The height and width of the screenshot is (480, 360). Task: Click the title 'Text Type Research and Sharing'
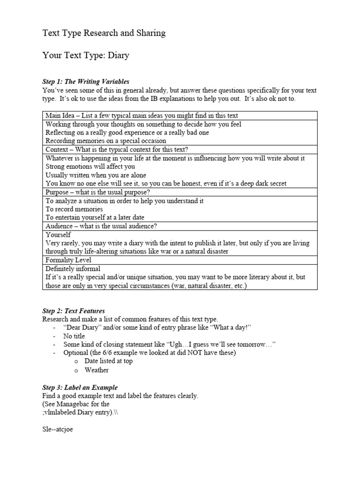(104, 33)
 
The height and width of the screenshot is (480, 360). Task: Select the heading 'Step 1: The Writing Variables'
(86, 82)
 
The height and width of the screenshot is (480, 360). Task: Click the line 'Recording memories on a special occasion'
(105, 141)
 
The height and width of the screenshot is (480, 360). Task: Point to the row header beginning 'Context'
(116, 150)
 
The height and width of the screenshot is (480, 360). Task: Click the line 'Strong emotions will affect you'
(90, 166)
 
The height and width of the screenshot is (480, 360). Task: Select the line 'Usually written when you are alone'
(96, 175)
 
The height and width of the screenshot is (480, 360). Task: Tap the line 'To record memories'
(74, 209)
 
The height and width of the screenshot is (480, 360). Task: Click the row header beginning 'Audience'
(101, 226)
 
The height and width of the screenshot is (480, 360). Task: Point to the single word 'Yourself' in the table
(58, 234)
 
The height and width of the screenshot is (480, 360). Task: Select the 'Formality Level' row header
(68, 260)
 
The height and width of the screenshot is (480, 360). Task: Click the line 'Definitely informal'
(73, 269)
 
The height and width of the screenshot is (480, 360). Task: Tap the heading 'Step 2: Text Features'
(74, 311)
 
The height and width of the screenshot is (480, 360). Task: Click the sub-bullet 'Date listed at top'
(108, 361)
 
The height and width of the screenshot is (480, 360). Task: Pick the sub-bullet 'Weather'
(97, 370)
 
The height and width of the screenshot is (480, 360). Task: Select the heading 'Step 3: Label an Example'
(80, 388)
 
